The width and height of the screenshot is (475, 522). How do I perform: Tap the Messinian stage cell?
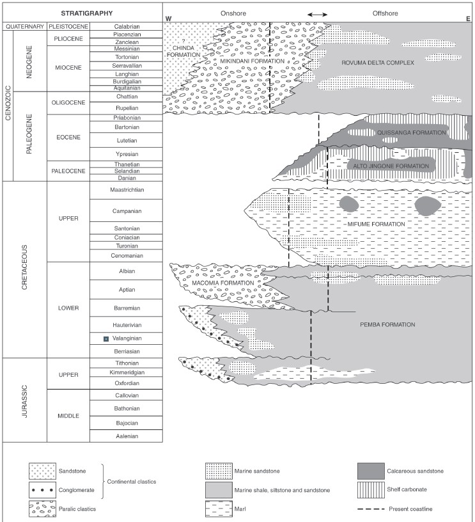pos(126,49)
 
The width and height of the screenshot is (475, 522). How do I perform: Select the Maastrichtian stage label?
pos(126,190)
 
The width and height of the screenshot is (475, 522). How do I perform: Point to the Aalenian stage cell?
pos(126,436)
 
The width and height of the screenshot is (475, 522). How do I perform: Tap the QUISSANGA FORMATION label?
pos(403,132)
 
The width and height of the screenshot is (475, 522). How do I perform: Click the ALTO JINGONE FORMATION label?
pos(391,166)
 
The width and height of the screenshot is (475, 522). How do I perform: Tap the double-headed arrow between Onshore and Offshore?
pos(318,14)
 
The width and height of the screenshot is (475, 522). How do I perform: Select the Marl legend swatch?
pos(218,509)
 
